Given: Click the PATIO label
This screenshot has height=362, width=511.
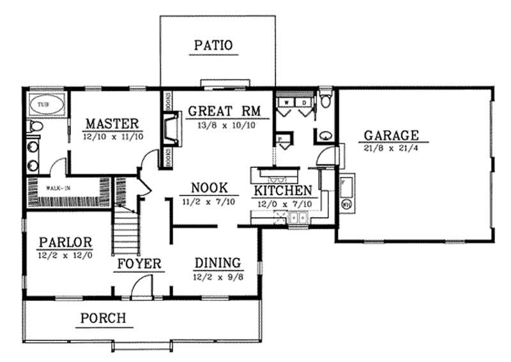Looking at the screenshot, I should tap(213, 45).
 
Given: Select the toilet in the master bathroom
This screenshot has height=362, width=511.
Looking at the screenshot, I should tap(34, 127).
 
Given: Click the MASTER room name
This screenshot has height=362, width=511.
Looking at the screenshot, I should tap(112, 123).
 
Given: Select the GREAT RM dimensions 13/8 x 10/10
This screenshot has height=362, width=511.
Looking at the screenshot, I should tap(222, 125).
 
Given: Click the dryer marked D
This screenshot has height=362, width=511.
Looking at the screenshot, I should tap(305, 102).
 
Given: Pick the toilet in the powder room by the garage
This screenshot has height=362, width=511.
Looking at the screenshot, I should tap(325, 101).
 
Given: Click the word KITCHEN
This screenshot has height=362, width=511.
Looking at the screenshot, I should tap(283, 190).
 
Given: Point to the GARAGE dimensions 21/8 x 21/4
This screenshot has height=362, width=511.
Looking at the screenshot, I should tap(391, 149).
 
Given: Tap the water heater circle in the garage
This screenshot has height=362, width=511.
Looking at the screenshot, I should tap(347, 206).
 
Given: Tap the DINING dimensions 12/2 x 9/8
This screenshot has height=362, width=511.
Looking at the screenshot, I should tap(217, 278).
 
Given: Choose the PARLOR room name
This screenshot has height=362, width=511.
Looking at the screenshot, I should tap(66, 243).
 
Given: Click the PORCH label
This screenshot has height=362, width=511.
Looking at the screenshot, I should tap(103, 318).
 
